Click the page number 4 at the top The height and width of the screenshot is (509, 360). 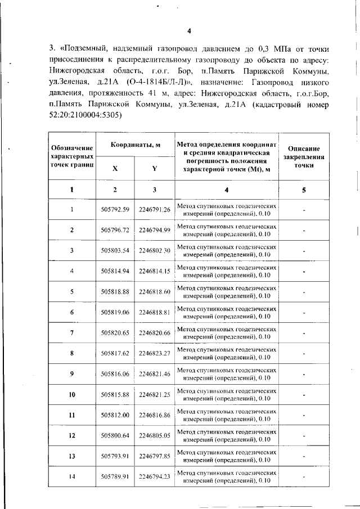tap(190, 30)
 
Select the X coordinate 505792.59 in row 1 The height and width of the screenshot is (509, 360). tap(115, 210)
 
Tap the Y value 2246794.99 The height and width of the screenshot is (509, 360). tap(155, 230)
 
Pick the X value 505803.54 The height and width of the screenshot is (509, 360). tap(115, 250)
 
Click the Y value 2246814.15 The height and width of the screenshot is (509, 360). tap(155, 271)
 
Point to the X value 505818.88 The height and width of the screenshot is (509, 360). tap(115, 291)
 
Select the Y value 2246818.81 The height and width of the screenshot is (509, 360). tap(155, 312)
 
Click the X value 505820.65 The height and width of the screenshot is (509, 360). tap(115, 332)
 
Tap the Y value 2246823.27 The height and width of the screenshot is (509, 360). tap(155, 353)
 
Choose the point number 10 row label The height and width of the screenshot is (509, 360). tap(72, 394)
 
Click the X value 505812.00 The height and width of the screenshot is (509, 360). tap(115, 415)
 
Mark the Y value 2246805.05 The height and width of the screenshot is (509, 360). tap(155, 435)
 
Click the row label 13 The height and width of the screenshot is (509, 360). tap(72, 456)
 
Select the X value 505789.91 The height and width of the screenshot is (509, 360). tap(115, 476)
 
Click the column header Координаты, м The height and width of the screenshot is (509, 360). tap(135, 145)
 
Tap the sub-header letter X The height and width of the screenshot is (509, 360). tap(115, 168)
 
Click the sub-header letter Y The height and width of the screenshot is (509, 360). tap(155, 168)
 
